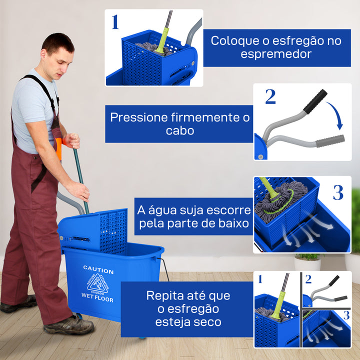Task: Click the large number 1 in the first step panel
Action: click(115, 22)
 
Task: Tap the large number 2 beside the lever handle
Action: click(270, 97)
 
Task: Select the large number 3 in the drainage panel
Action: click(338, 192)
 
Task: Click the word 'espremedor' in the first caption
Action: click(276, 54)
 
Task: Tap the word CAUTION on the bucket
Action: click(98, 269)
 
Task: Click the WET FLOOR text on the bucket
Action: click(97, 299)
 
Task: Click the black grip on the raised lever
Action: click(315, 101)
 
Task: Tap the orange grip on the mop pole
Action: click(59, 148)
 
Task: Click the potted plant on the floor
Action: click(307, 261)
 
